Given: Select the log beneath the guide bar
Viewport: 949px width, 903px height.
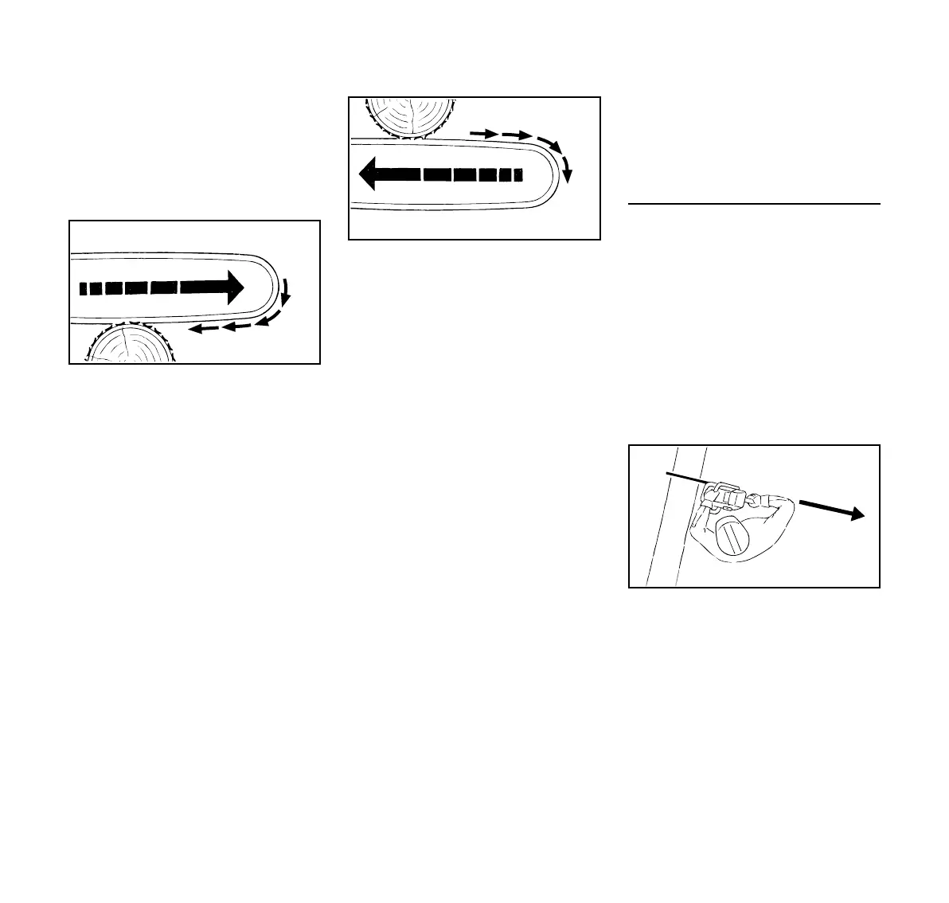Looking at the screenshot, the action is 129,346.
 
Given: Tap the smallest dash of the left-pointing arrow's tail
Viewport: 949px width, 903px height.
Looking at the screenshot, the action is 518,174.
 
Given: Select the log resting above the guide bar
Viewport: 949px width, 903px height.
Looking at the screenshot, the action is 408,116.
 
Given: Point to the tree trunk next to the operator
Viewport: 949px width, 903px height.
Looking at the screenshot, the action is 667,526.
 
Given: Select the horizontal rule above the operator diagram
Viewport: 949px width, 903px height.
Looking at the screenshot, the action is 753,204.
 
